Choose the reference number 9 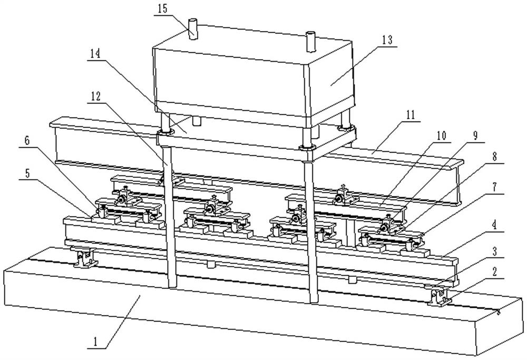[475, 136]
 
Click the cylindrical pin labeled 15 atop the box [193, 29]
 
